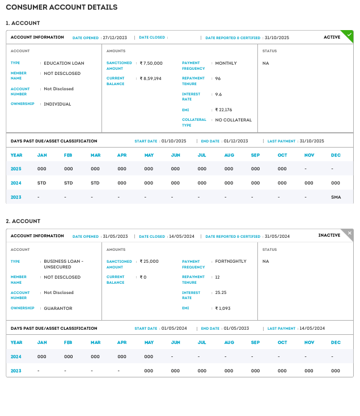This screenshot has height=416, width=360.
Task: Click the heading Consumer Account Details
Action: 62,7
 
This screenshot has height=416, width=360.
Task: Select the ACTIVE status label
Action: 332,37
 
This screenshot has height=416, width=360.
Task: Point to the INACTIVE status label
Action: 329,236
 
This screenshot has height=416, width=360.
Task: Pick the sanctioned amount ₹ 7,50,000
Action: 151,63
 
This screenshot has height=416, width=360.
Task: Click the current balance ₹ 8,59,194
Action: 151,78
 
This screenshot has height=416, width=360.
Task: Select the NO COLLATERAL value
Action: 234,120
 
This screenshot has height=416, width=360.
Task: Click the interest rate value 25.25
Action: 221,293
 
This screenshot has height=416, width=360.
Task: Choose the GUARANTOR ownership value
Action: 58,308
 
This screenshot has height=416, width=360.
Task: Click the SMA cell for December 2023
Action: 336,196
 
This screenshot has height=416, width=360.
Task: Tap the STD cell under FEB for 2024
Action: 68,183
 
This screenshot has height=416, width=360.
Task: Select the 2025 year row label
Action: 16,169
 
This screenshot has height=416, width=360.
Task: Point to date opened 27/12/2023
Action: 115,37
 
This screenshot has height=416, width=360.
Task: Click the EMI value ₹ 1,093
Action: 223,308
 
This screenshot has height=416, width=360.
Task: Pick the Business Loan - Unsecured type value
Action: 63,264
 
